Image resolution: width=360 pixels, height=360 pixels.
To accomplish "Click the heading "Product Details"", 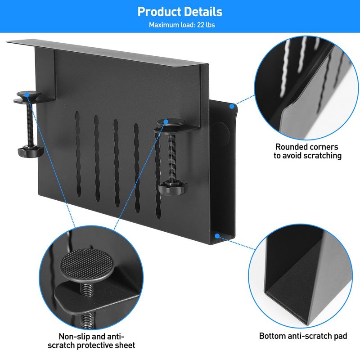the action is tap(180, 12).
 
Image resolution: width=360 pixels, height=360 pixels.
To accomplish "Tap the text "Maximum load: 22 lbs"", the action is tap(182, 25).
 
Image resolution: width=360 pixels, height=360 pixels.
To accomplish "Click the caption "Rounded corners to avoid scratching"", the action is tap(307, 151).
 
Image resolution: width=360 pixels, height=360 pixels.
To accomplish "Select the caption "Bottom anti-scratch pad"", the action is tap(303, 336).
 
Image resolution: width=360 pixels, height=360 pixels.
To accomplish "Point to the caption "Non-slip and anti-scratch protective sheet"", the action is tap(91, 341).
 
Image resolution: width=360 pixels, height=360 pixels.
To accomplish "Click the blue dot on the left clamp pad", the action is tap(27, 94).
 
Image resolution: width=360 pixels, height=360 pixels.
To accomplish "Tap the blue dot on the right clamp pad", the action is tap(166, 121).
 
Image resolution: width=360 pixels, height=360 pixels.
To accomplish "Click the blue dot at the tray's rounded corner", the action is tap(232, 106).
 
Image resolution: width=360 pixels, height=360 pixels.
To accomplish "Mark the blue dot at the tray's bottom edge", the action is tap(217, 236).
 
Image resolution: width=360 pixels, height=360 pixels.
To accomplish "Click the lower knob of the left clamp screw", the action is tap(31, 151).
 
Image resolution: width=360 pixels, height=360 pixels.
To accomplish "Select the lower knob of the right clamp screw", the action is tap(173, 188).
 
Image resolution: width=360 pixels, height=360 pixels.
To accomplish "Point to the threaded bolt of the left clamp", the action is tap(30, 125).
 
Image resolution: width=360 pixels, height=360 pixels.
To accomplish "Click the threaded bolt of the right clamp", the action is tap(172, 158).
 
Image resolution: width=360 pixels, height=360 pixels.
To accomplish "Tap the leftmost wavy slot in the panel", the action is tap(78, 154).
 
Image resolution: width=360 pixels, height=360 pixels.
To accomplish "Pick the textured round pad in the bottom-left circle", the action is tap(87, 263).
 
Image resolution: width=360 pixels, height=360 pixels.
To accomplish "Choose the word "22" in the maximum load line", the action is tap(201, 25).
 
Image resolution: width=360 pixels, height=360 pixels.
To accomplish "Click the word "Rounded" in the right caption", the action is tap(291, 147).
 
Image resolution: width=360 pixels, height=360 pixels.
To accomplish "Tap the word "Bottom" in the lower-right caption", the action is tap(271, 336).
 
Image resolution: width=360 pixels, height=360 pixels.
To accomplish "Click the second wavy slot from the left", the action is tap(97, 158).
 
